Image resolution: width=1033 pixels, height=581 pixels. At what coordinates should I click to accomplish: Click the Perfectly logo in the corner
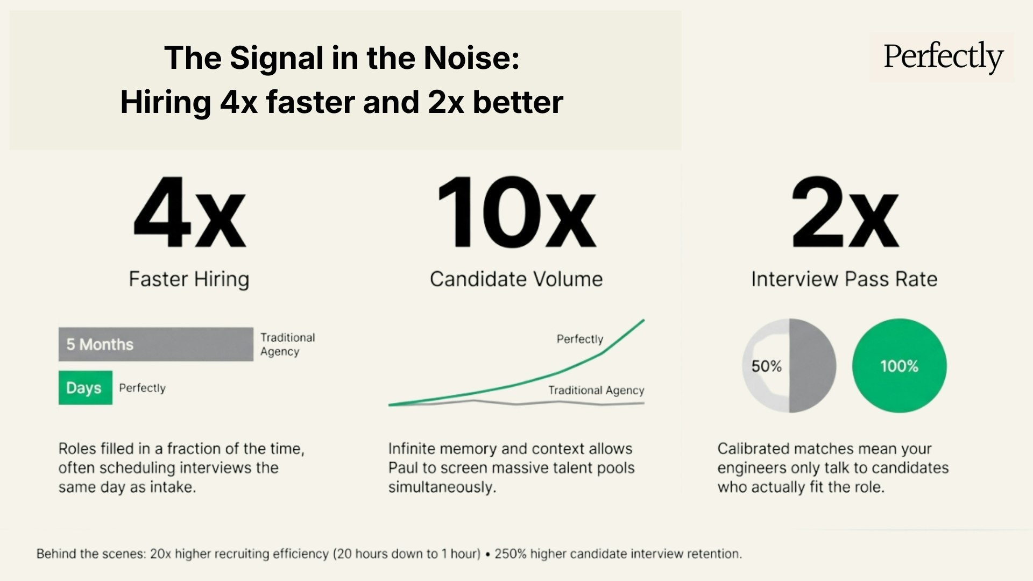943,57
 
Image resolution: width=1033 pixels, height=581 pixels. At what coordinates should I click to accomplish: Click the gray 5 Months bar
155,344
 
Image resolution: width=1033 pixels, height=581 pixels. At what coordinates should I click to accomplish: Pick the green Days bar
85,388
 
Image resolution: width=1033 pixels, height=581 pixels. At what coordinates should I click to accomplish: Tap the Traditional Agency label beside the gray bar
287,344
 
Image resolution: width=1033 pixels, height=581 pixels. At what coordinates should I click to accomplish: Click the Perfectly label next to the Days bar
142,388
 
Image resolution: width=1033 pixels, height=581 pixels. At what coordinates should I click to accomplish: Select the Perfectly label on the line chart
579,339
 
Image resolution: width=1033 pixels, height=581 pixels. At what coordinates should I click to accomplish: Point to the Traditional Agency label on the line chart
596,390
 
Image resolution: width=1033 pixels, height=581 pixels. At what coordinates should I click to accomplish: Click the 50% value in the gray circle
766,366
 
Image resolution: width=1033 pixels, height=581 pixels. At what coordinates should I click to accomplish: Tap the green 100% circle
899,366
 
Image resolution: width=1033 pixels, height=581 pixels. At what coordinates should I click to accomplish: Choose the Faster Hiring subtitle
189,279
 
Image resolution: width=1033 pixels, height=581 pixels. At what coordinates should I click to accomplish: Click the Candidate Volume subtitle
516,279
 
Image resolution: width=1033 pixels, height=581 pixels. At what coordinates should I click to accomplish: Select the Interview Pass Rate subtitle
844,279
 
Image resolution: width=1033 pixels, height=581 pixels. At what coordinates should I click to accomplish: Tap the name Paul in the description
402,468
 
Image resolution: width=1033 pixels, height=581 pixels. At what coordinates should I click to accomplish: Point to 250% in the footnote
510,554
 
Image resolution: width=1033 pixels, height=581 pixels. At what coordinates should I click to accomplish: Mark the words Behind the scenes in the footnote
90,554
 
